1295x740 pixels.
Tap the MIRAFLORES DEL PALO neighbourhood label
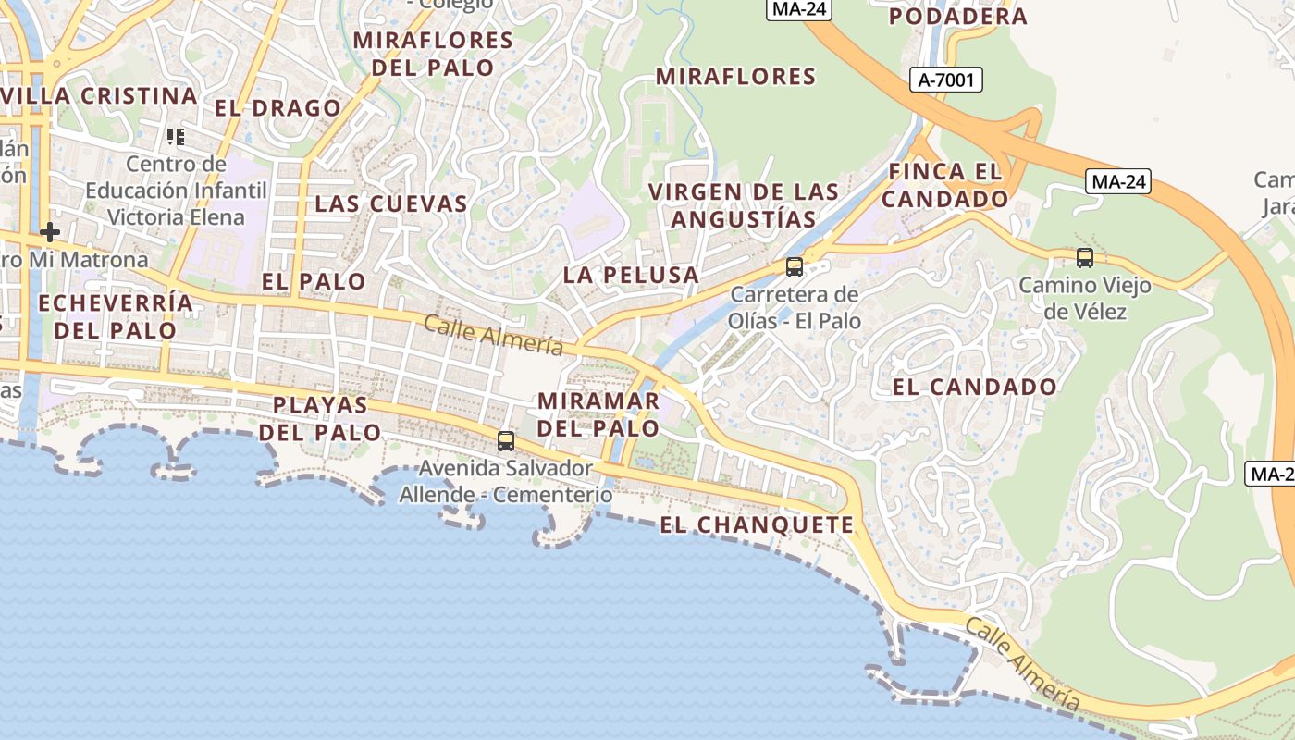(433, 54)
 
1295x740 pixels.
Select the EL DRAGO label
(278, 108)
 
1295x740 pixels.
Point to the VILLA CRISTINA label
(101, 96)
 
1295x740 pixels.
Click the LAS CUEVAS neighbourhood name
(391, 204)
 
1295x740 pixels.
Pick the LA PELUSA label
(631, 275)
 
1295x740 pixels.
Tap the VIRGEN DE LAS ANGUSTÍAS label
(744, 205)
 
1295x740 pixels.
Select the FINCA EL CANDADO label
(944, 185)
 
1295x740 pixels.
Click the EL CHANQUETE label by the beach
(757, 525)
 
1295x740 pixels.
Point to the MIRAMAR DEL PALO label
(598, 414)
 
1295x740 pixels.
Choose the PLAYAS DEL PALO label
(320, 418)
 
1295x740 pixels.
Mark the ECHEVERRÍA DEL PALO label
(116, 316)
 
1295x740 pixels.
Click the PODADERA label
(957, 16)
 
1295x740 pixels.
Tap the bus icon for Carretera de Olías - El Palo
(794, 267)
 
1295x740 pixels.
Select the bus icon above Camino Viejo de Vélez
(1085, 258)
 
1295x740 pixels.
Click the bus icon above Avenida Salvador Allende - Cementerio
(506, 441)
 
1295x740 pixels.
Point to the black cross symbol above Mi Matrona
(50, 231)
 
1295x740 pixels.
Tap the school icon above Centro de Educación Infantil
(176, 137)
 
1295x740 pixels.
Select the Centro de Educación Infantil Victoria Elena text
(176, 191)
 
